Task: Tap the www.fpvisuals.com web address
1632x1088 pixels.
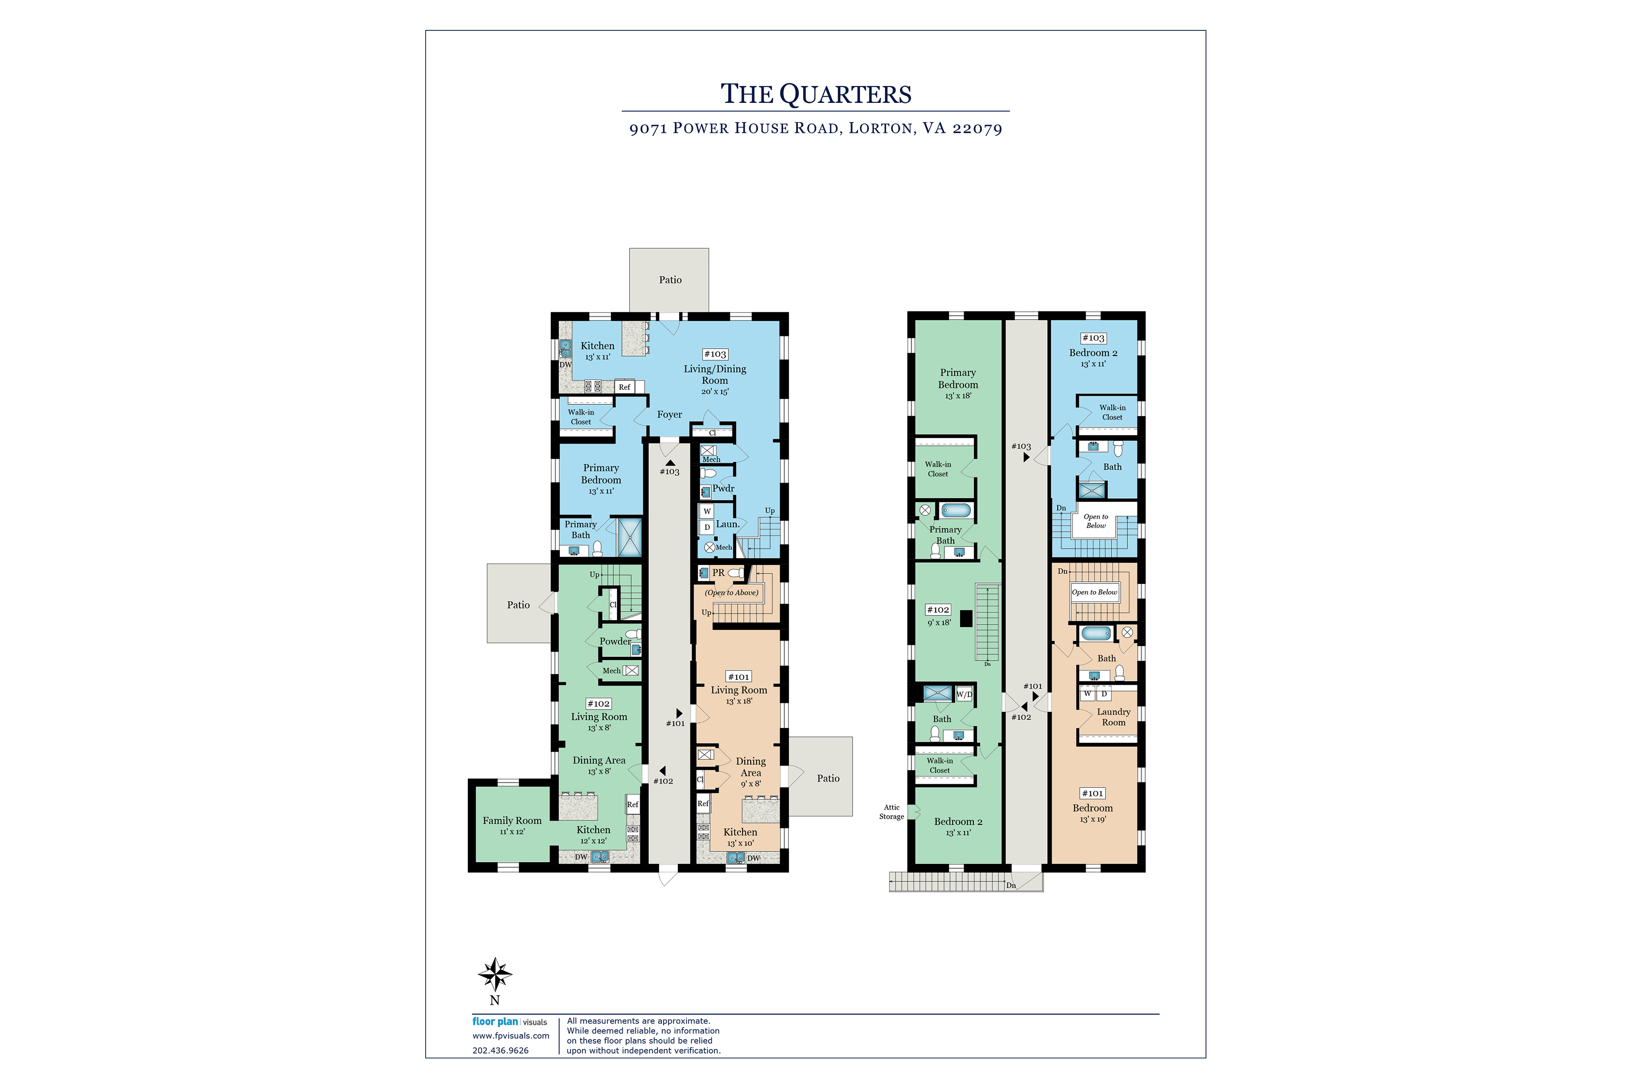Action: click(511, 1036)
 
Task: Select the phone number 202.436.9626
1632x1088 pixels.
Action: click(500, 1050)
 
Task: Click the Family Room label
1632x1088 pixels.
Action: click(512, 821)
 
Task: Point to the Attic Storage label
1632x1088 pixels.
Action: click(892, 812)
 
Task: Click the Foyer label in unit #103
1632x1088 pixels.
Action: click(670, 415)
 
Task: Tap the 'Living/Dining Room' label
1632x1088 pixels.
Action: click(715, 375)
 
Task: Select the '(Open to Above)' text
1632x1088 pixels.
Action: click(731, 593)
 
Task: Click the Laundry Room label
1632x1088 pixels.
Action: click(1114, 717)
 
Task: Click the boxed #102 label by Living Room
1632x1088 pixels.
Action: click(598, 704)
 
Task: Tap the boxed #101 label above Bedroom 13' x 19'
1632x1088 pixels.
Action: click(1092, 793)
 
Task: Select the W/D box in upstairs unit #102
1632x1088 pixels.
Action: click(964, 694)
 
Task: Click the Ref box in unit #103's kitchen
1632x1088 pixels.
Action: click(625, 387)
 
